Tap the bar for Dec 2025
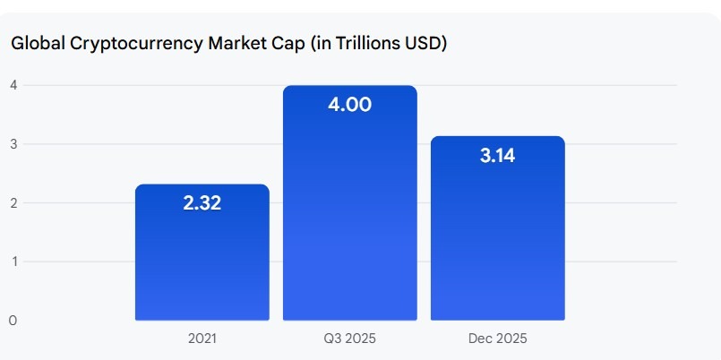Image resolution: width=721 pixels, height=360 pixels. (x=497, y=242)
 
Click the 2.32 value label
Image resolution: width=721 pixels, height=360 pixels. (x=202, y=203)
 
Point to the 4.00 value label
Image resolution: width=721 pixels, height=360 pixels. (x=349, y=105)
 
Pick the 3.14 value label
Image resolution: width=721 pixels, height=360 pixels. (x=497, y=156)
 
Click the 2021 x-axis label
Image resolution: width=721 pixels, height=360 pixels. (x=202, y=339)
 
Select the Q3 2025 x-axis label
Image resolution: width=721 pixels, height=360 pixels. (x=349, y=339)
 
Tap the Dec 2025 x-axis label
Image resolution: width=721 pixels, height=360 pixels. (x=497, y=339)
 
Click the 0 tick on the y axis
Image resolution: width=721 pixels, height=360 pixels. (x=13, y=320)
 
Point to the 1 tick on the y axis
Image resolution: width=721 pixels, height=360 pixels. (x=13, y=261)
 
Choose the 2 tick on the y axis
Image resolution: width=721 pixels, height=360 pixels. (x=13, y=202)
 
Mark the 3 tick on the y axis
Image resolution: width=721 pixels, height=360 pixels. (x=13, y=144)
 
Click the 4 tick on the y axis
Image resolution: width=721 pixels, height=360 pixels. (x=13, y=85)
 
